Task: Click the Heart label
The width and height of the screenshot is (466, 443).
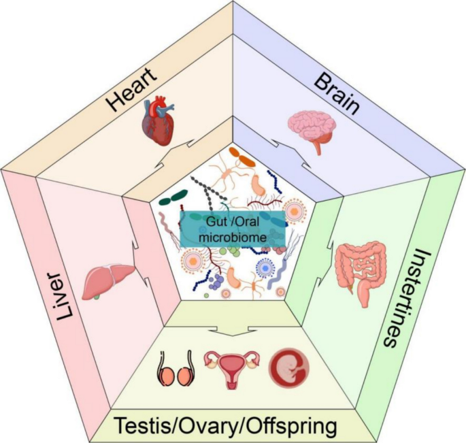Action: [132, 90]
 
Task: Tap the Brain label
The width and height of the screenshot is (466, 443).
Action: [337, 95]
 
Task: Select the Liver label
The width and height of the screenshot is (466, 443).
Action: [65, 297]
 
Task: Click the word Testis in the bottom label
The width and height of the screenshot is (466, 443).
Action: [144, 426]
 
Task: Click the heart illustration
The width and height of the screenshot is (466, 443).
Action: [158, 120]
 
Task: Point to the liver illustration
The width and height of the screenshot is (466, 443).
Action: [108, 281]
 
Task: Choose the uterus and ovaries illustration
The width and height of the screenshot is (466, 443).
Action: [231, 369]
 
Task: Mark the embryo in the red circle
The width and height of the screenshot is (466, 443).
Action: [289, 366]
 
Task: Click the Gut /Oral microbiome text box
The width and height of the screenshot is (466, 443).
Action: [233, 229]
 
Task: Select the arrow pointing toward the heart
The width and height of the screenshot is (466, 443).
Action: [175, 154]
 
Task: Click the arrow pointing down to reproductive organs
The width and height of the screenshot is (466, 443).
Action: [233, 330]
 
